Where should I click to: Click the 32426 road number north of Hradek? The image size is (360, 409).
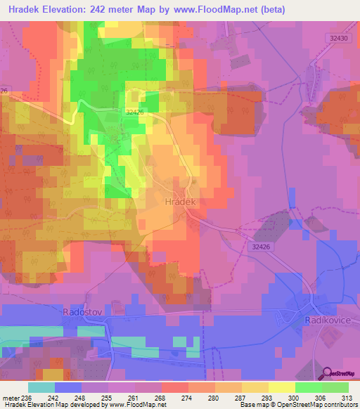click(136, 111)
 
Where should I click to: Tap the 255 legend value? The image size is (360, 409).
click(110, 397)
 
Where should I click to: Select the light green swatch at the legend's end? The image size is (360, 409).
click(335, 387)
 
